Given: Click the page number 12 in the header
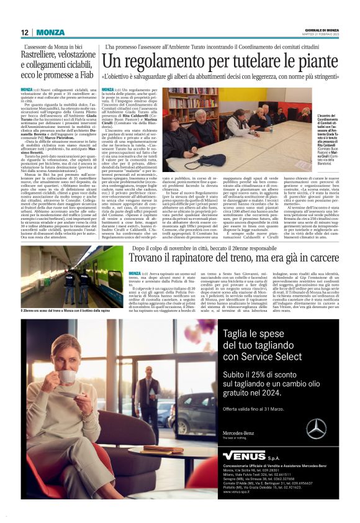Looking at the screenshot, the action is coord(24,32).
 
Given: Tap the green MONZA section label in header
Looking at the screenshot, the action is coord(50,32).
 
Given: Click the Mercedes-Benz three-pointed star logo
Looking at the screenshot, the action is coord(316,429).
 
